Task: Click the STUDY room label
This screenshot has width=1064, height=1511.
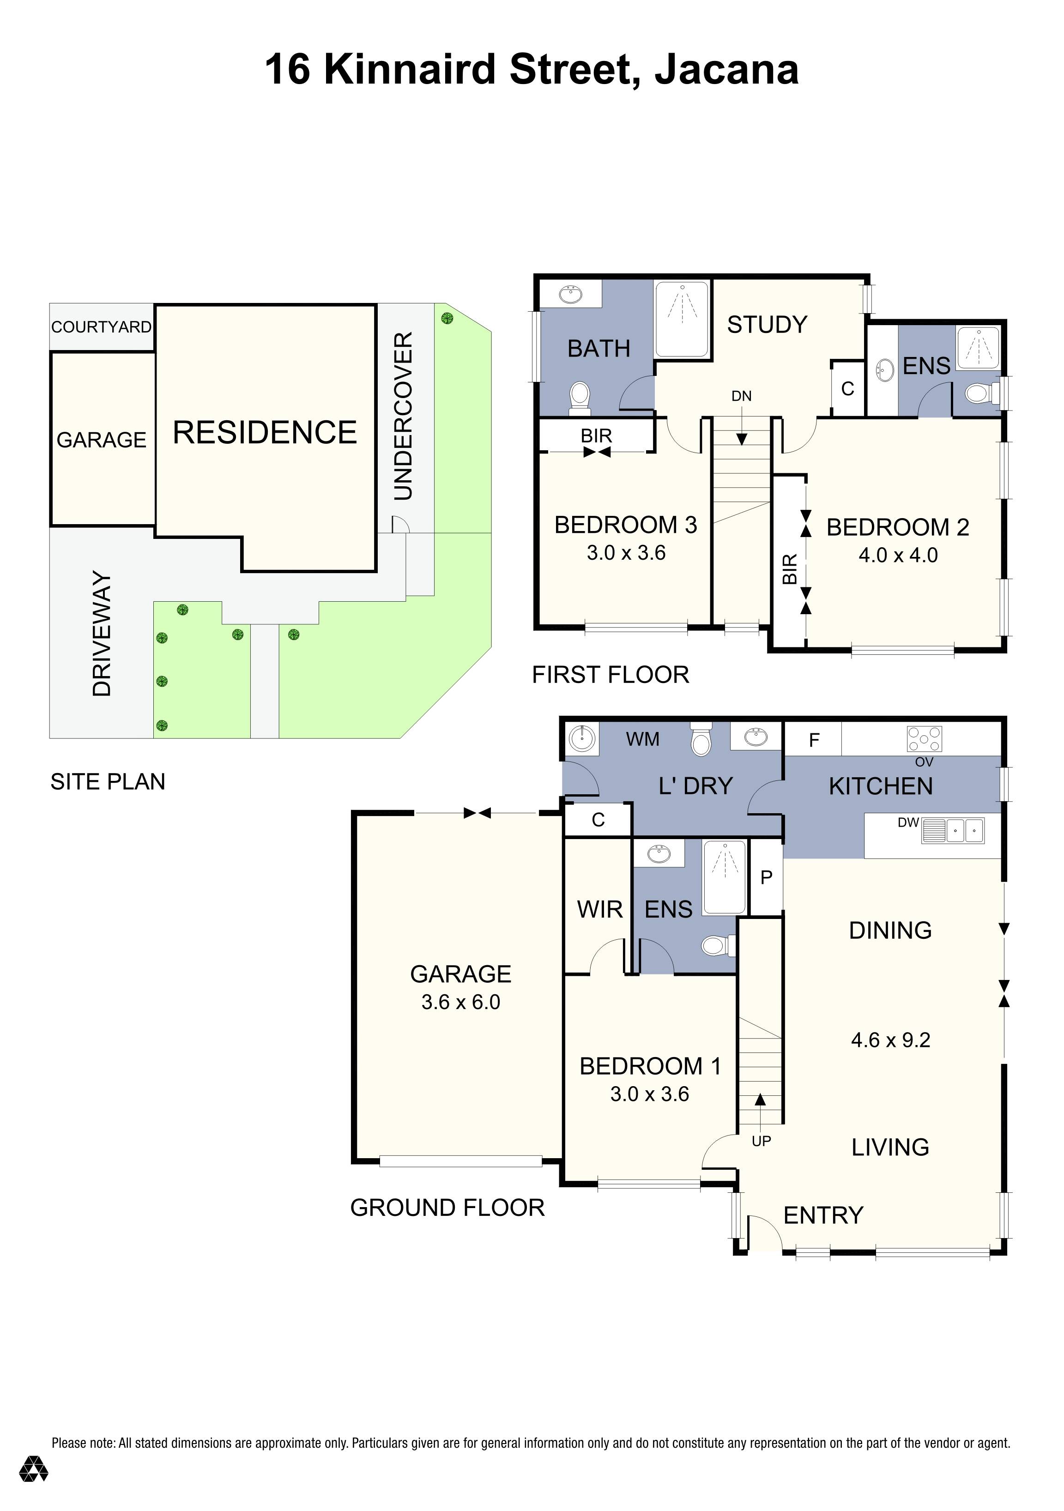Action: click(x=767, y=325)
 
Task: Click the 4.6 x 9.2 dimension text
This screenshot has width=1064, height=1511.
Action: click(x=890, y=1040)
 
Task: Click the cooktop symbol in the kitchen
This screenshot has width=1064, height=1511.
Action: click(x=924, y=738)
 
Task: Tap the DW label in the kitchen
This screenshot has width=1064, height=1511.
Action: click(x=907, y=822)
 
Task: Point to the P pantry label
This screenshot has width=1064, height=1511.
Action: click(x=766, y=877)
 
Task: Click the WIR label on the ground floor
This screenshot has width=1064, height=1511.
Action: click(x=599, y=909)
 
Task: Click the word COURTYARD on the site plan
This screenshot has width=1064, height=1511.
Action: click(x=101, y=327)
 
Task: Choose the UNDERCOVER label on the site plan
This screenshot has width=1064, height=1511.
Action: click(x=403, y=416)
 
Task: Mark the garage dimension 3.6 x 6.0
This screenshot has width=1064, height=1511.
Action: click(x=460, y=1002)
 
